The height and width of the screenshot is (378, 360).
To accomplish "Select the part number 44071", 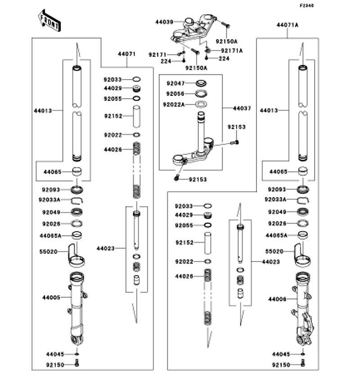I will pos(126,54).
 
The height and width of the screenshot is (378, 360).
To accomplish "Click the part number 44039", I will pos(163,22).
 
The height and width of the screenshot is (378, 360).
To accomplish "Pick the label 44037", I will pos(242,108).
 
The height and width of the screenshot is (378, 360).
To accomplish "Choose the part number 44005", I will pos(52,297).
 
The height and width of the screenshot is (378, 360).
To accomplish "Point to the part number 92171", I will pos(157,54).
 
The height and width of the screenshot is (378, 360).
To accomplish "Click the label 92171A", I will pos(232,51).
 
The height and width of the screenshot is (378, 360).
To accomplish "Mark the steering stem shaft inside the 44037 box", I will pos(199,130).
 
